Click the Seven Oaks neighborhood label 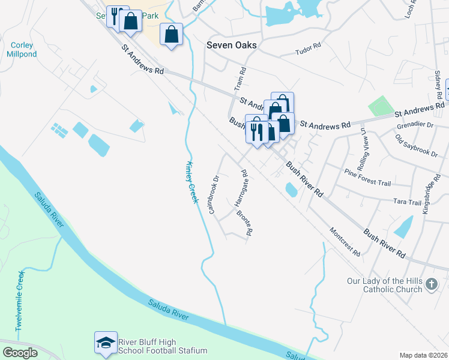231,46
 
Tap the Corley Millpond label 22,49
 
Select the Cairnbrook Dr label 214,194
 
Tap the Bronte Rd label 243,223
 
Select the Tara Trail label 408,203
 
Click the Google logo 20,353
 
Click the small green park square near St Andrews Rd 379,106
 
